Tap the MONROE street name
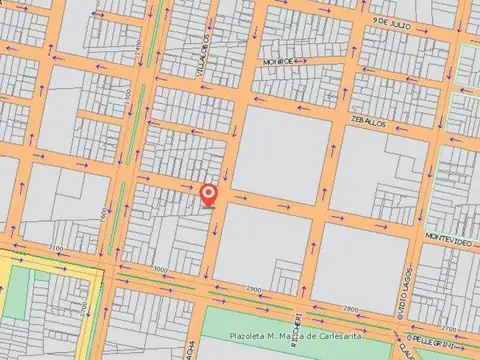pyautogui.click(x=278, y=61)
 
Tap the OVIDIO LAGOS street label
pyautogui.click(x=410, y=296)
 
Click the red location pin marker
pyautogui.click(x=208, y=193)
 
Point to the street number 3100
pyautogui.click(x=55, y=247)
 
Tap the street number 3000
pyautogui.click(x=160, y=270)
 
